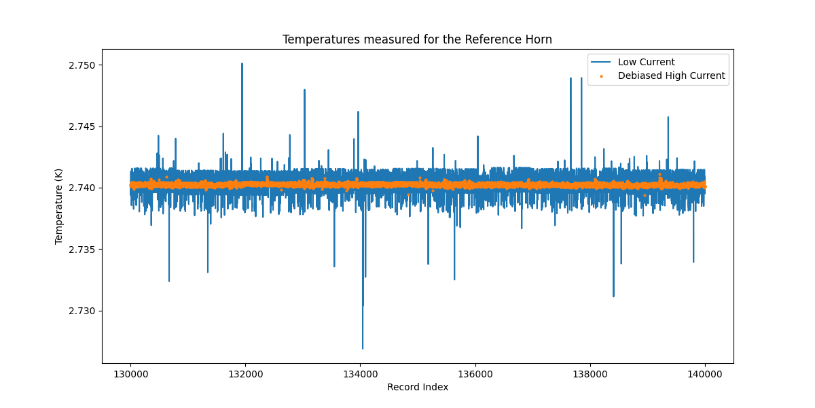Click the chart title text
tap(417, 39)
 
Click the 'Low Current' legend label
tap(646, 63)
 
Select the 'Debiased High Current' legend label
tap(671, 76)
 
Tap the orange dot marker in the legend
tap(601, 76)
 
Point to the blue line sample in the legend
tap(601, 63)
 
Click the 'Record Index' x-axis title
tap(417, 388)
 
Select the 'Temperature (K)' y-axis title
tap(59, 206)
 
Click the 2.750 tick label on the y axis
tap(82, 65)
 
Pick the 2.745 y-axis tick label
tap(82, 126)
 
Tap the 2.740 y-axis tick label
tap(82, 188)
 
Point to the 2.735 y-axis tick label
tap(82, 250)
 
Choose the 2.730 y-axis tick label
tap(82, 311)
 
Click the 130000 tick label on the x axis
tap(130, 373)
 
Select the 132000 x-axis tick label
tap(245, 373)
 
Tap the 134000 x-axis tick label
tap(360, 373)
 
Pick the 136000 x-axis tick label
tap(475, 373)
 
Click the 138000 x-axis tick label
tap(590, 373)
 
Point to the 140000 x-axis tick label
tap(705, 373)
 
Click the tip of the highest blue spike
tap(242, 64)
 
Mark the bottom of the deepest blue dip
tap(363, 348)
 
